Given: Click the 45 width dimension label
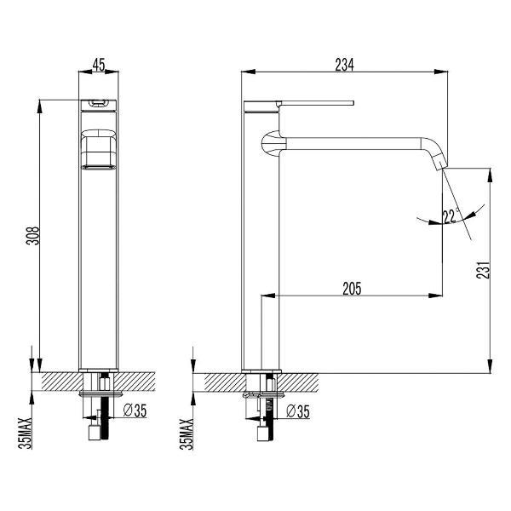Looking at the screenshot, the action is click(x=99, y=65).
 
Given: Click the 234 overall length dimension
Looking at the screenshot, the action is click(x=344, y=65).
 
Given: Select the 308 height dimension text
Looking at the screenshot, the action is click(x=32, y=236).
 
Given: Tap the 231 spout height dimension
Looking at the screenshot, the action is click(x=483, y=269).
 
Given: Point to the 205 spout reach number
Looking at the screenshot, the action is click(x=352, y=289).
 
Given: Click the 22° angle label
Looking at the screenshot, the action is click(x=451, y=215).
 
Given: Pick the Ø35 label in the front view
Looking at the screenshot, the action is click(x=135, y=411).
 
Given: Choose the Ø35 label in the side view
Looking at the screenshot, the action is click(x=298, y=411).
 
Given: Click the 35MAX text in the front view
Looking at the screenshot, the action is click(x=26, y=433).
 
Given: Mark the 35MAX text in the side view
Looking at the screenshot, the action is click(x=187, y=433).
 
